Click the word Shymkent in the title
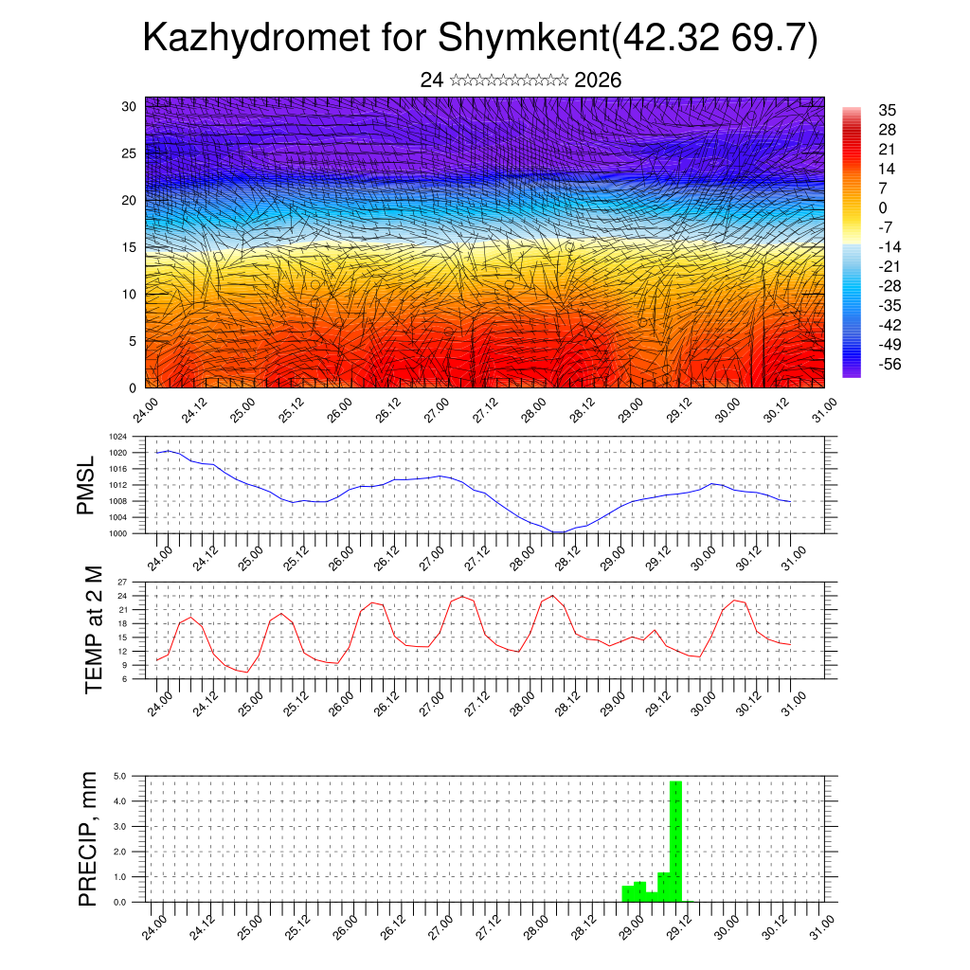point(522,39)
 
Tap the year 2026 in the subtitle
point(598,81)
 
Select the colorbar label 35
point(888,111)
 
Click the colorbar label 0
point(883,208)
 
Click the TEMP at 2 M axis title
point(94,629)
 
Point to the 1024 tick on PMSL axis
point(118,437)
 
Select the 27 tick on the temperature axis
point(122,581)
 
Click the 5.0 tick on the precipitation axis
point(120,776)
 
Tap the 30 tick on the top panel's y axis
point(130,106)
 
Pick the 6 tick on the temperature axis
point(124,678)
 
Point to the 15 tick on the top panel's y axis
point(130,247)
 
